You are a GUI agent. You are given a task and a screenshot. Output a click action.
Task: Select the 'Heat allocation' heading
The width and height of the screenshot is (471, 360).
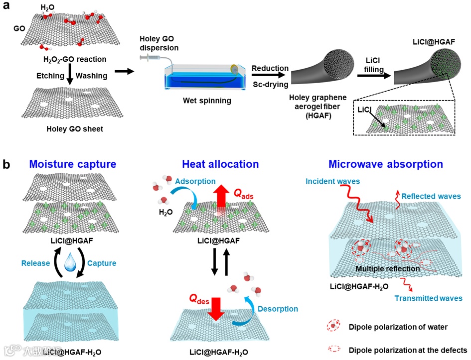[220, 164]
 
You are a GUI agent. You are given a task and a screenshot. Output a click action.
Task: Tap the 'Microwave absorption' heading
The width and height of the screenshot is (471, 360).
[385, 164]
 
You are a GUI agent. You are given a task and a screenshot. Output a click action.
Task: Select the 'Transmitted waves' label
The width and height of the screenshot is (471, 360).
[428, 298]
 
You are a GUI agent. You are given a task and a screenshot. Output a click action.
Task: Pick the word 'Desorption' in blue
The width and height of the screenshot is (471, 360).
[277, 309]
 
